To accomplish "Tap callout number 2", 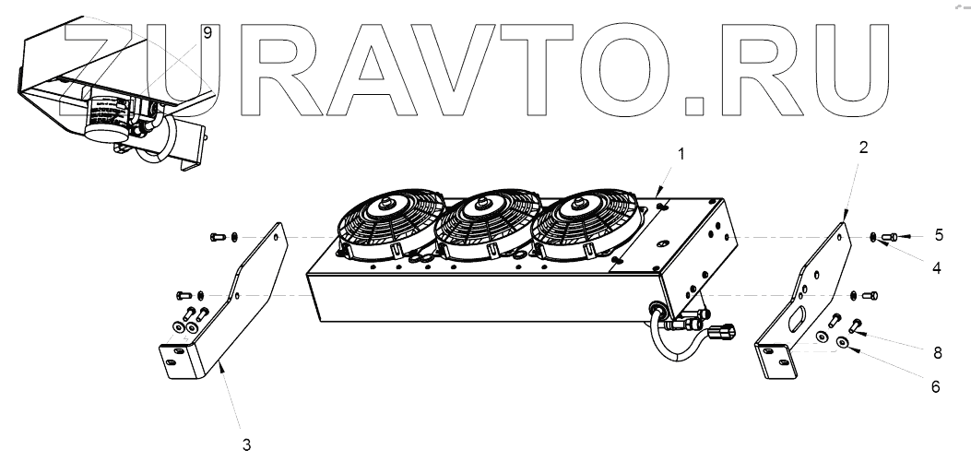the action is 863,147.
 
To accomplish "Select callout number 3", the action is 246,443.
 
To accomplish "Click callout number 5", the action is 938,234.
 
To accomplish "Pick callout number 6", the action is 935,387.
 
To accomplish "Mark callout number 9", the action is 207,32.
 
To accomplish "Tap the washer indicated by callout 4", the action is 872,238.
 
